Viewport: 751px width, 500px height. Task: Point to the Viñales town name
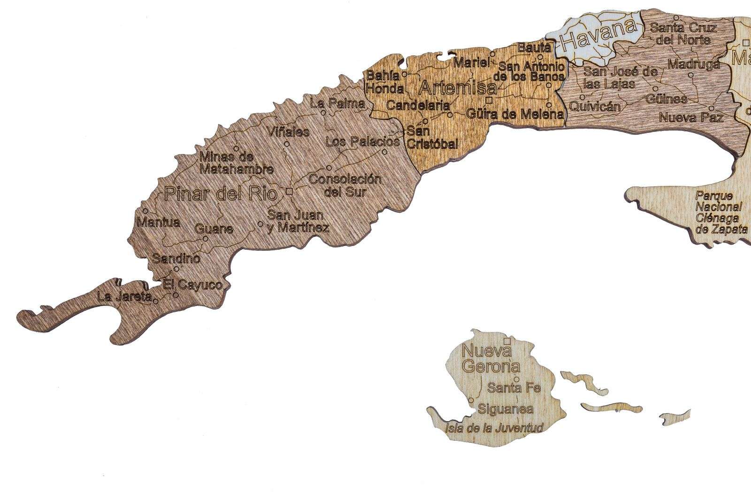289,131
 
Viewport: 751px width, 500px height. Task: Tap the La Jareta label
124,297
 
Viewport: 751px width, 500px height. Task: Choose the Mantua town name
159,222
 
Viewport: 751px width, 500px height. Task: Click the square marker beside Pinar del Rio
290,191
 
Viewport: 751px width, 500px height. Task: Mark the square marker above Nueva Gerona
506,341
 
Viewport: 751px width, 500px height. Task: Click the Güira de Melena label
514,114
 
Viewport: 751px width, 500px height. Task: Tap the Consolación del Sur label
345,185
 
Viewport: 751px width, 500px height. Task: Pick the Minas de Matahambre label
237,162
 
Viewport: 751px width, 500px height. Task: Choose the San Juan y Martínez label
297,222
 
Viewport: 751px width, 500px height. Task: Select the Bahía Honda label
384,82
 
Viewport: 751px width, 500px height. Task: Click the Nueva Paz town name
691,117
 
